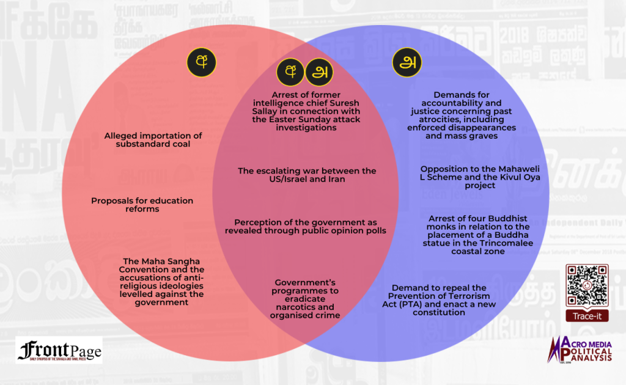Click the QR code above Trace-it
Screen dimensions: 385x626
[x=587, y=285]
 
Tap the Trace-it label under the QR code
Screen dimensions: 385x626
[x=586, y=317]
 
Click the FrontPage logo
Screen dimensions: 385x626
[x=59, y=350]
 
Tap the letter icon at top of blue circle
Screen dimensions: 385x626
[x=407, y=62]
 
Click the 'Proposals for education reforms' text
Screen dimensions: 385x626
[x=142, y=205]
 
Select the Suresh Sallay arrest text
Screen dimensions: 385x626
[x=307, y=112]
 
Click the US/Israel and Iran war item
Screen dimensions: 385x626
[x=307, y=175]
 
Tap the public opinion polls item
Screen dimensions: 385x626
[x=306, y=226]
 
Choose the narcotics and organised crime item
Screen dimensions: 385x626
[x=305, y=299]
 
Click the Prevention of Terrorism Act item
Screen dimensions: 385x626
[x=439, y=300]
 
